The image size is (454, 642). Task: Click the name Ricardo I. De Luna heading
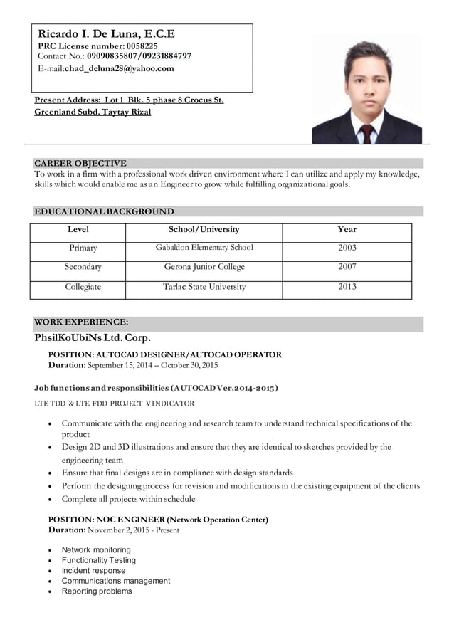click(106, 33)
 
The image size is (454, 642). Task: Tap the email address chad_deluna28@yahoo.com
click(120, 68)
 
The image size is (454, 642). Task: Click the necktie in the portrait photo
click(366, 133)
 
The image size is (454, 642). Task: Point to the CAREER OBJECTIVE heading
click(80, 163)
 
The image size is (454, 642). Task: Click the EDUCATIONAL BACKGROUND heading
click(104, 211)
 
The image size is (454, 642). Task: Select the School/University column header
click(204, 229)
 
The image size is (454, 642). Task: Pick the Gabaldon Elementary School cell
click(204, 248)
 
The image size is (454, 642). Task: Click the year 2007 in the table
click(347, 267)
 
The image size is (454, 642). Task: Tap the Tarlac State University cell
click(204, 287)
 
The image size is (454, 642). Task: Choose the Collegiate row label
click(83, 287)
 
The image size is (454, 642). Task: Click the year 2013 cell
click(347, 287)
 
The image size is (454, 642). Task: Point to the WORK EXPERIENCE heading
click(81, 322)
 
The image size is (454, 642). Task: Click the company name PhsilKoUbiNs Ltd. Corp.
click(93, 337)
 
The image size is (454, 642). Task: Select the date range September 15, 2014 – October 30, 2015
click(152, 365)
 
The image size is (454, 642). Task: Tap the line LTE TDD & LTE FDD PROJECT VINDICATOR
click(115, 404)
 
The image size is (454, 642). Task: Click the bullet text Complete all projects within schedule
click(128, 499)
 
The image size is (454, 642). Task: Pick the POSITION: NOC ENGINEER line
click(157, 520)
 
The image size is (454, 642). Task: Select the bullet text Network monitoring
click(96, 550)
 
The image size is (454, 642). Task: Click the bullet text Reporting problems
click(97, 591)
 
